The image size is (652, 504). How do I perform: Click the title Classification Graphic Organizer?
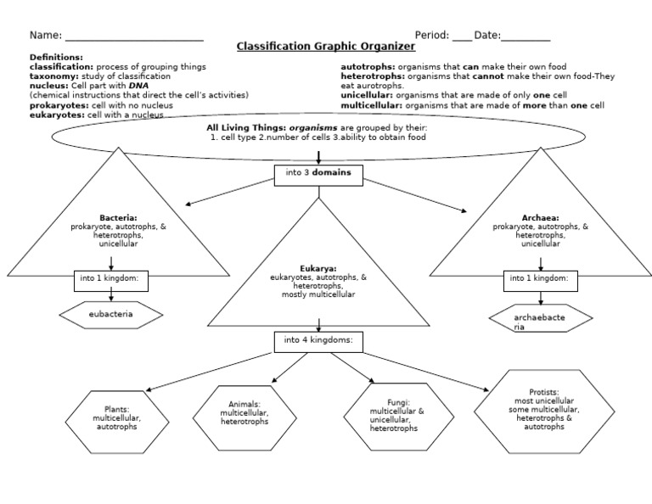pyautogui.click(x=325, y=47)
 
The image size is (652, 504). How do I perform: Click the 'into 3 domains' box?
pyautogui.click(x=318, y=176)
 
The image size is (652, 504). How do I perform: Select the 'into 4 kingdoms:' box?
pyautogui.click(x=318, y=341)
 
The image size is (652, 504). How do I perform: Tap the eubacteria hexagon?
pyautogui.click(x=111, y=315)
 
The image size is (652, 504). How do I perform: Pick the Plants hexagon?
pyautogui.click(x=116, y=422)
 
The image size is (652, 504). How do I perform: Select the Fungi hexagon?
pyautogui.click(x=393, y=416)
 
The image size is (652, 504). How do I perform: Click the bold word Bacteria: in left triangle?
pyautogui.click(x=118, y=218)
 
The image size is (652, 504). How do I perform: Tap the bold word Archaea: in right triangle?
pyautogui.click(x=540, y=218)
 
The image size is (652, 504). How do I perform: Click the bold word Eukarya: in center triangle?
pyautogui.click(x=318, y=268)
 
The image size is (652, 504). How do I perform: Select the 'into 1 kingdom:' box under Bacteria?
pyautogui.click(x=111, y=279)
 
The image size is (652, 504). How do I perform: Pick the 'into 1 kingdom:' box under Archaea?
pyautogui.click(x=540, y=279)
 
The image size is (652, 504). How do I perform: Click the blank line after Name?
pyautogui.click(x=134, y=38)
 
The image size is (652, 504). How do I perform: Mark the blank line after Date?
pyautogui.click(x=526, y=38)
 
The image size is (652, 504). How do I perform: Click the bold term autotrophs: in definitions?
pyautogui.click(x=368, y=66)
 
